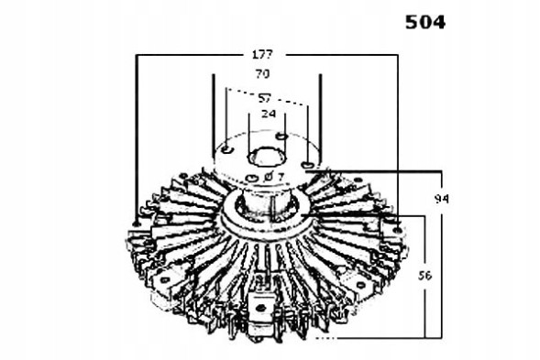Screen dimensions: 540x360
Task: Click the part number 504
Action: pyautogui.click(x=425, y=22)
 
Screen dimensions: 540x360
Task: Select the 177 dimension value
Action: pyautogui.click(x=262, y=54)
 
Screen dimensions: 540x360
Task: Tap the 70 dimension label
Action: pyautogui.click(x=262, y=73)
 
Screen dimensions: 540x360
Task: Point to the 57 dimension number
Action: pyautogui.click(x=265, y=98)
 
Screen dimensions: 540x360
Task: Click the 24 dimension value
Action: pyautogui.click(x=269, y=114)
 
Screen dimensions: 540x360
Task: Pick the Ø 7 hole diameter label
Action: pyautogui.click(x=274, y=177)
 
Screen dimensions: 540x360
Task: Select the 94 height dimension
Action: pyautogui.click(x=441, y=199)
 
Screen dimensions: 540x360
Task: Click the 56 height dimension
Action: pyautogui.click(x=424, y=276)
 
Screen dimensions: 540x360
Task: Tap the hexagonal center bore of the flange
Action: pyautogui.click(x=267, y=157)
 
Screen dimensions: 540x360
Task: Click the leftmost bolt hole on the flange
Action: pyautogui.click(x=227, y=149)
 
